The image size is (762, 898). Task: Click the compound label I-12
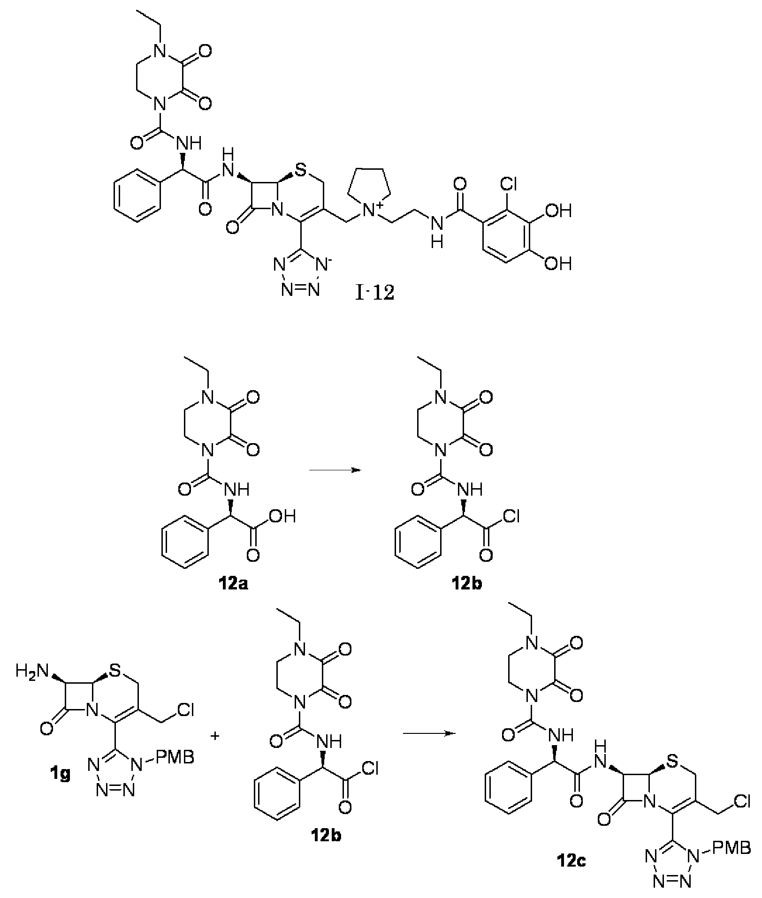tap(374, 294)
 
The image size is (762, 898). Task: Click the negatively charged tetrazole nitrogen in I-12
tap(322, 264)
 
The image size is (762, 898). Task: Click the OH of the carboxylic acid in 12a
tap(283, 517)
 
